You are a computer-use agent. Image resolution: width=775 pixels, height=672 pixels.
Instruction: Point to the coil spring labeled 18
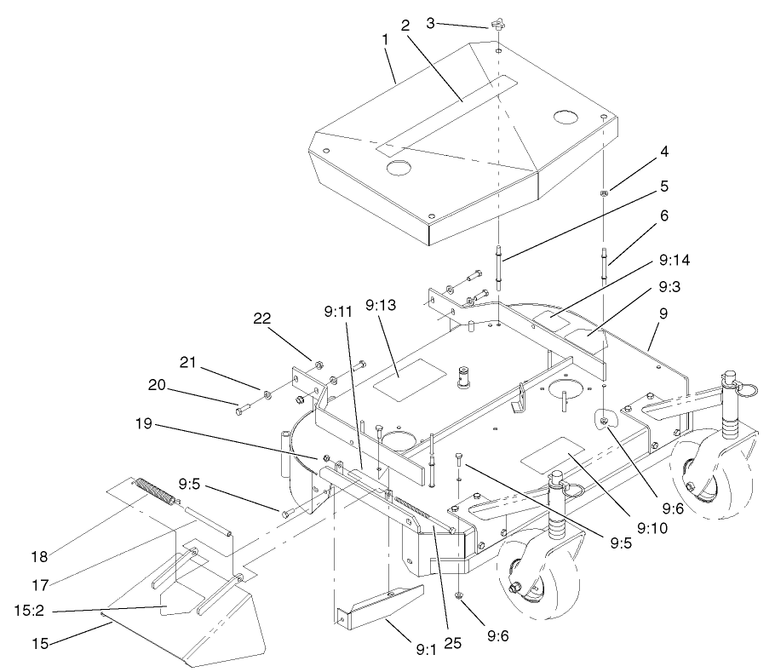159,492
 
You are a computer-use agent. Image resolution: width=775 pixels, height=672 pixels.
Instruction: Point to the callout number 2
405,26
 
